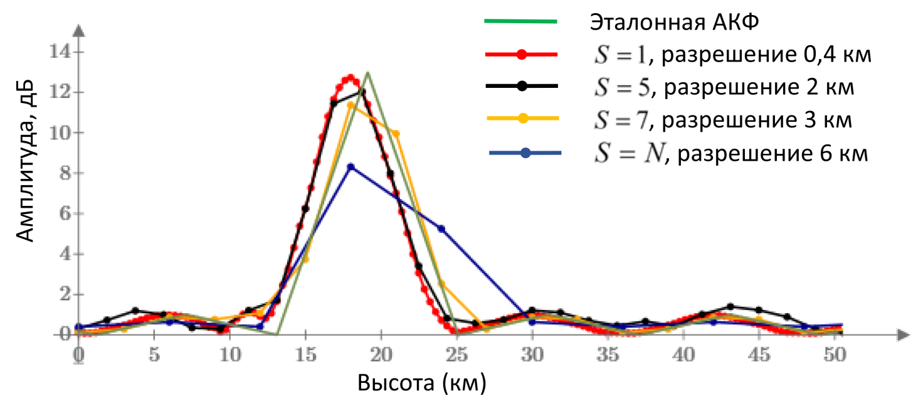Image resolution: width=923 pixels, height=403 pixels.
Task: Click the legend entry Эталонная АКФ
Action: click(674, 23)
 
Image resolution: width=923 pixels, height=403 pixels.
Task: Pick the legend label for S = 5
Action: click(723, 87)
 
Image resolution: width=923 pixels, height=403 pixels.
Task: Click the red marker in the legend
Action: click(521, 55)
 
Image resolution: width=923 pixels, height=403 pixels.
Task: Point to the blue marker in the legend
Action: click(525, 153)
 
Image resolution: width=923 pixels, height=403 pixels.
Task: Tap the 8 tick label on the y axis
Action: click(63, 173)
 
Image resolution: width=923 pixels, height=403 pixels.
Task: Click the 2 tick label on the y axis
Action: click(63, 294)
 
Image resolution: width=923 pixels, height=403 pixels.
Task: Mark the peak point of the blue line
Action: click(351, 167)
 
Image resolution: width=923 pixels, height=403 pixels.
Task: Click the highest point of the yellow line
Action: click(351, 105)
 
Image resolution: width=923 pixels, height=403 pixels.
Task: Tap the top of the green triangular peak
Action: click(367, 72)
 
